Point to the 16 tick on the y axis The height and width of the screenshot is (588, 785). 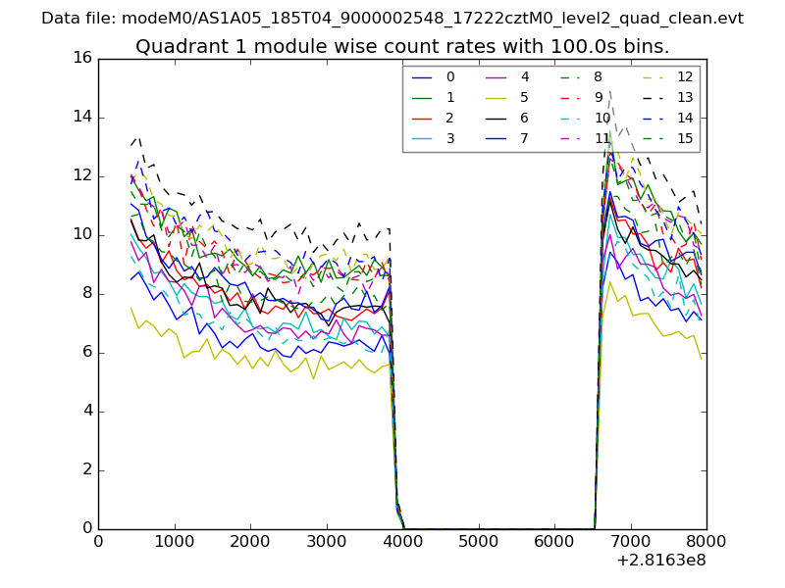[x=81, y=58]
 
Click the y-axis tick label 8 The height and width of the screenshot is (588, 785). [x=86, y=293]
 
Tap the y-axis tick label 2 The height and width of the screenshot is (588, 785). [x=86, y=469]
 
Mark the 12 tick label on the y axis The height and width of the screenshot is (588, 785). [x=81, y=175]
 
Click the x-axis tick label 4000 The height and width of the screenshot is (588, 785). [x=402, y=542]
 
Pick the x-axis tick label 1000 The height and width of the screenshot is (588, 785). [x=174, y=542]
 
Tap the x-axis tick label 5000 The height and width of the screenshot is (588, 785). [x=478, y=542]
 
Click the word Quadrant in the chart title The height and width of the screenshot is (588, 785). [x=178, y=46]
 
